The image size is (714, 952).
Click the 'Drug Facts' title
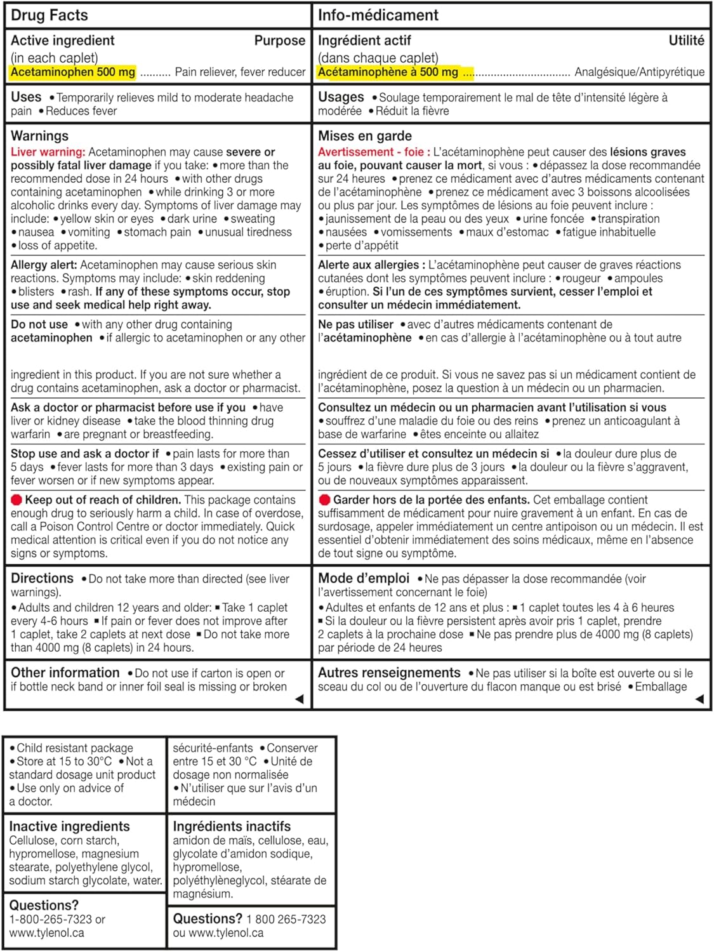pos(50,15)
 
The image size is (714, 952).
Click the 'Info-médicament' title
pos(378,15)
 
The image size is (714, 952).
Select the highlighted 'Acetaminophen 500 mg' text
pos(73,72)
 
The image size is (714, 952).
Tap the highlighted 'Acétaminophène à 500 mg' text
pos(388,72)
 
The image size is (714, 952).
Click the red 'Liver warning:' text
pos(48,152)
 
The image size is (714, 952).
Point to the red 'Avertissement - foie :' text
pos(374,152)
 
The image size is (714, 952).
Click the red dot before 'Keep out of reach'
pos(17,500)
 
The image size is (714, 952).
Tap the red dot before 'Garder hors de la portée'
pos(324,500)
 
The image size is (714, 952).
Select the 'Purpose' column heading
pos(280,41)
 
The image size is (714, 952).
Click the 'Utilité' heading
pos(686,41)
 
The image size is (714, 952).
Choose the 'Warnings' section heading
pos(39,136)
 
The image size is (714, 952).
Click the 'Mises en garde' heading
pos(365,136)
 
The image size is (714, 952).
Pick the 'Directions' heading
pos(42,578)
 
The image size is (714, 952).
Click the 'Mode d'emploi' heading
pos(364,578)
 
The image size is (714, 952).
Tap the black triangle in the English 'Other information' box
pos(300,699)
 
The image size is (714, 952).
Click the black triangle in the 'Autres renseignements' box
pos(699,699)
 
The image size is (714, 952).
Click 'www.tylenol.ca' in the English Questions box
pos(46,933)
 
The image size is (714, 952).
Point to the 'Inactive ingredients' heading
pos(69,826)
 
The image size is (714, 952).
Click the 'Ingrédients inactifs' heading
pos(232,826)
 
